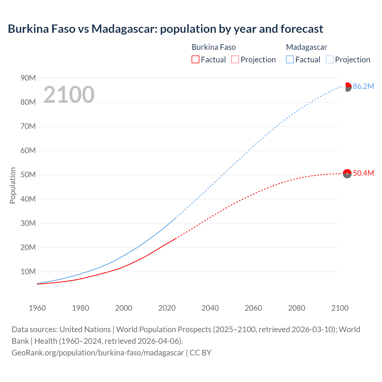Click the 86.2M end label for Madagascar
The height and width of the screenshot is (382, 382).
[x=363, y=87]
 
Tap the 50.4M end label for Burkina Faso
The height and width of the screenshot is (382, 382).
[x=363, y=173]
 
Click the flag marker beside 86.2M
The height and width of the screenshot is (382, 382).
[x=347, y=87]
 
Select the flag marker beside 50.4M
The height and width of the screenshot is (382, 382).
[x=347, y=173]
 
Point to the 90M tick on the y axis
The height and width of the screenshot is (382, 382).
[x=28, y=78]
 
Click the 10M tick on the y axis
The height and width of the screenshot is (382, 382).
[x=28, y=272]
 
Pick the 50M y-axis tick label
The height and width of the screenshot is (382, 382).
[x=28, y=175]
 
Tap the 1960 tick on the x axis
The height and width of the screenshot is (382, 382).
[x=37, y=308]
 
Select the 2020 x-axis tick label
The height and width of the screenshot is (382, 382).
[x=167, y=308]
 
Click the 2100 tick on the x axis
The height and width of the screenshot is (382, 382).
[x=340, y=308]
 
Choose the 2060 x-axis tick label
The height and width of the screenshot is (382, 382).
[x=253, y=308]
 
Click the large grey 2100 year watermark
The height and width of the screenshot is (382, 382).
[x=69, y=95]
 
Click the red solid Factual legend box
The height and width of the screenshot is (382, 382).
[x=195, y=60]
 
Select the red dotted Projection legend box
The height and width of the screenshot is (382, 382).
[x=235, y=60]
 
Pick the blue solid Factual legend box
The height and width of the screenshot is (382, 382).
[x=289, y=60]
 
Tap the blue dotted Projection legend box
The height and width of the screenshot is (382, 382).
[x=329, y=60]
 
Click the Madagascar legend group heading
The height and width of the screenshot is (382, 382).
[x=306, y=47]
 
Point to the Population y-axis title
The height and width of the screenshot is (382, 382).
[x=13, y=185]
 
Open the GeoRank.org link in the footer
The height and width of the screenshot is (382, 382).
[x=98, y=353]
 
